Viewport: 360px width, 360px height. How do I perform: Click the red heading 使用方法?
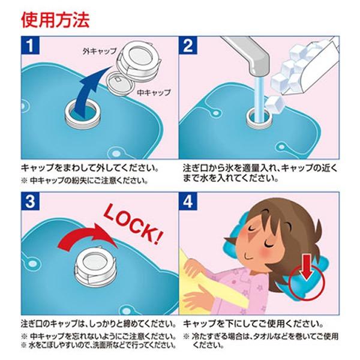[x=55, y=20]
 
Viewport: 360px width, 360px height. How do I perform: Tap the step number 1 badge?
[x=31, y=46]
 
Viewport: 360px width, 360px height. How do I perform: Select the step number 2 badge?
[x=188, y=46]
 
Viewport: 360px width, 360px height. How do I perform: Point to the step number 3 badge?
[x=31, y=202]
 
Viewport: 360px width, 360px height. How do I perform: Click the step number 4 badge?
[x=188, y=202]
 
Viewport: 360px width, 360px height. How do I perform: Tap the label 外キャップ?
[x=100, y=51]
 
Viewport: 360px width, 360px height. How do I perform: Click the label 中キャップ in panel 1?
[x=154, y=92]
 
